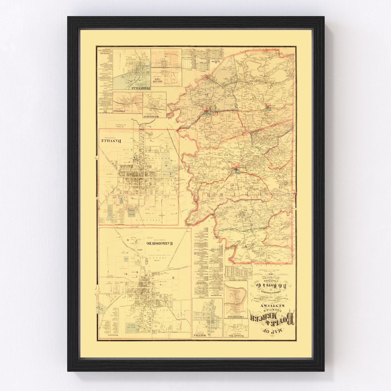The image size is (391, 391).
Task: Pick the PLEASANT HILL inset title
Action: [235, 335]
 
